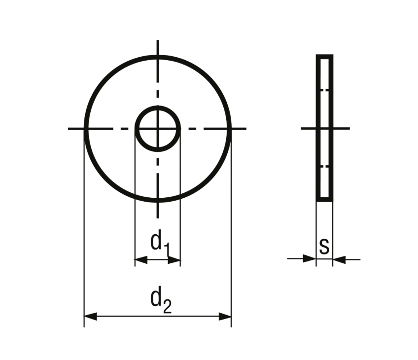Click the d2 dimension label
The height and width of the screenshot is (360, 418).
[161, 299]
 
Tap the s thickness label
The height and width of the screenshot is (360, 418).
[324, 246]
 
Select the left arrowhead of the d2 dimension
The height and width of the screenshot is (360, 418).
[90, 317]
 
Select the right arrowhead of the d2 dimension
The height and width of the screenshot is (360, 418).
[225, 317]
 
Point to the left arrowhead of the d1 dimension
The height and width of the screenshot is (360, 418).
[141, 260]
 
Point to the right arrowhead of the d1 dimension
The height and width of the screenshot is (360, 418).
[174, 260]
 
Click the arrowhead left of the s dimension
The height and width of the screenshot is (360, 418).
[310, 258]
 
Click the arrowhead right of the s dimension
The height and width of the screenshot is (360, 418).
[339, 259]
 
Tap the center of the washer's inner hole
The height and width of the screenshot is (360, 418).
[158, 129]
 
